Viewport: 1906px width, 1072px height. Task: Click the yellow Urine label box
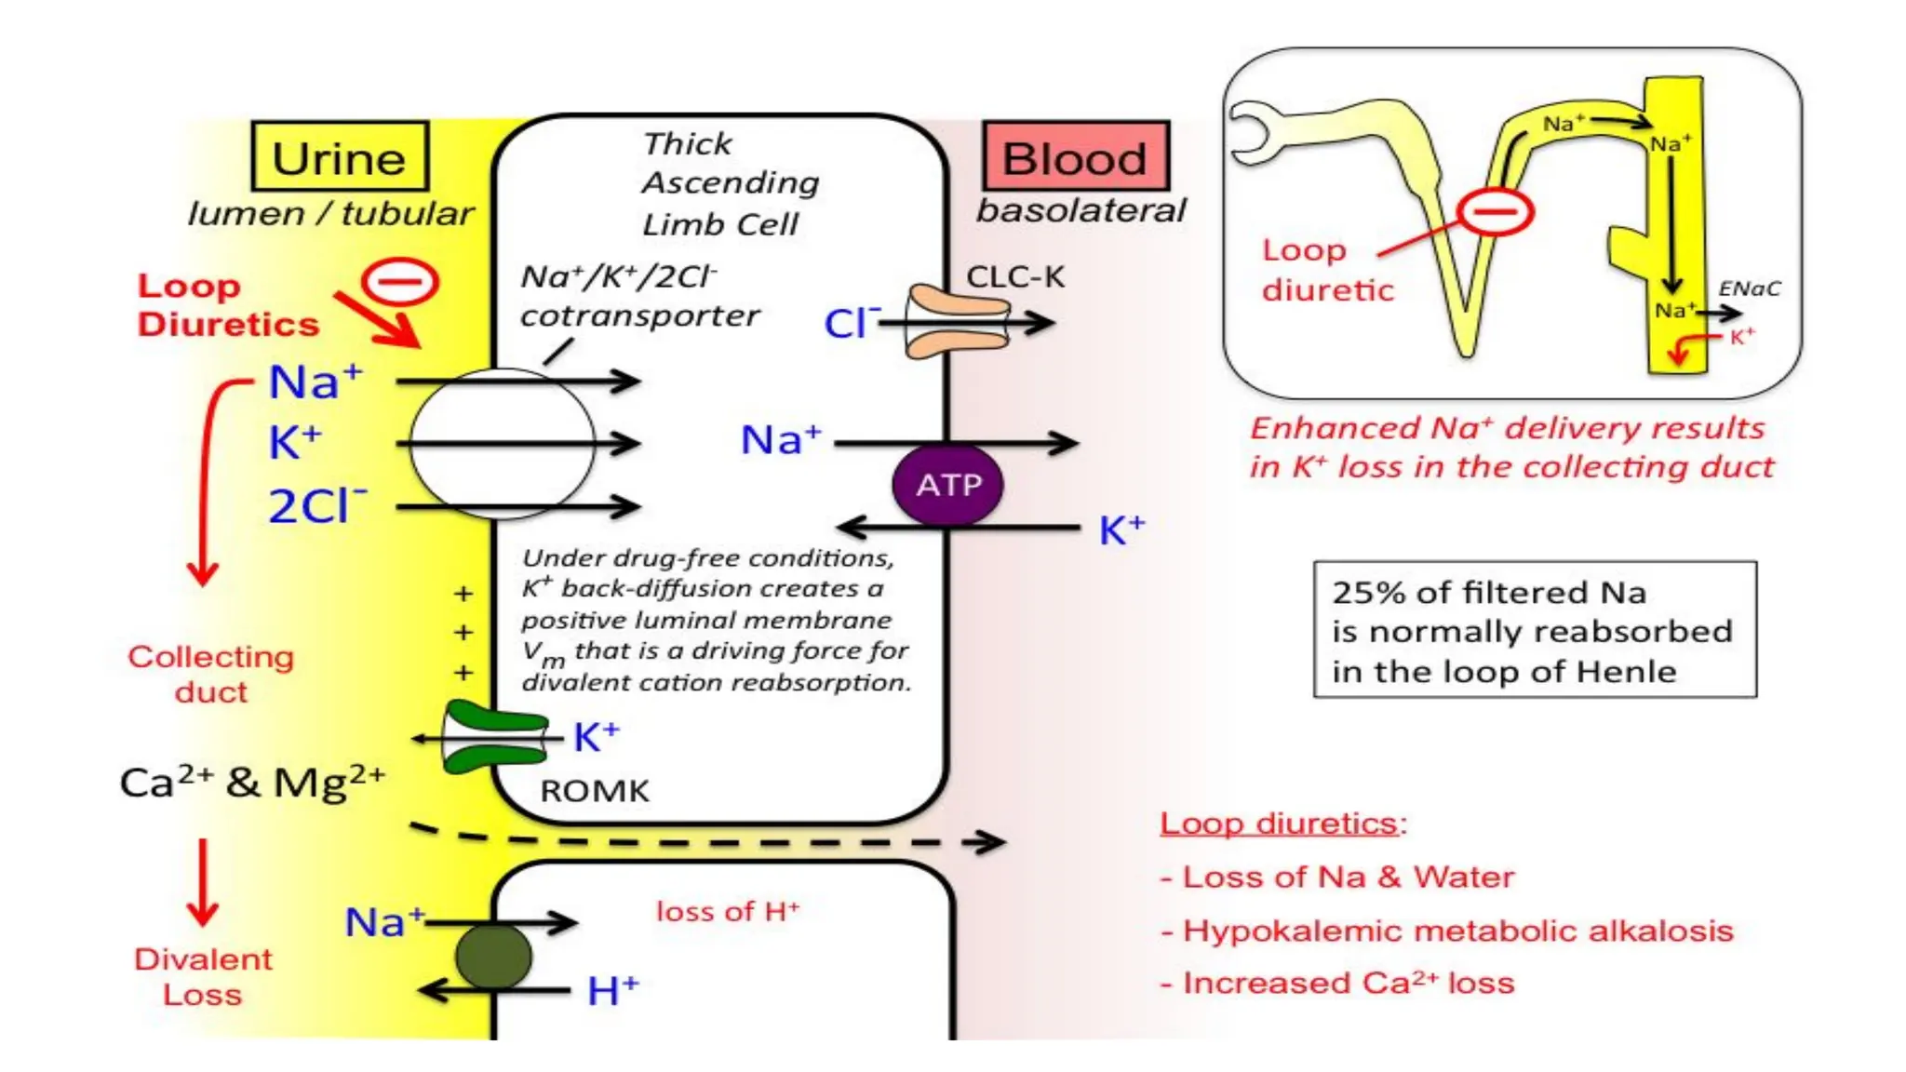[340, 157]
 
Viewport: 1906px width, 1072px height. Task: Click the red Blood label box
[1075, 157]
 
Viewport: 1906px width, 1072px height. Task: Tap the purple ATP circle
[947, 485]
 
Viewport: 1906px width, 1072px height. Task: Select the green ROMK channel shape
[494, 738]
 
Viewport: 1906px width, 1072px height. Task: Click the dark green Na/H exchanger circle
[493, 956]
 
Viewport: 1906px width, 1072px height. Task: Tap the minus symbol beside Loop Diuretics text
[400, 282]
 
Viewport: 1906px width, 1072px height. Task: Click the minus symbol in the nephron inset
[1496, 213]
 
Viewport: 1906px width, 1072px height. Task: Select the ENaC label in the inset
[1749, 288]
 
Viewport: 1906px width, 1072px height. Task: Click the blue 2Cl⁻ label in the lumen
[316, 506]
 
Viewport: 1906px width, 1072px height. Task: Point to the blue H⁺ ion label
[612, 990]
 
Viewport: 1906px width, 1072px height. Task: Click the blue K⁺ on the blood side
[1121, 529]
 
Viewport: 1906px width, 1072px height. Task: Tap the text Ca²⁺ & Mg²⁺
[251, 782]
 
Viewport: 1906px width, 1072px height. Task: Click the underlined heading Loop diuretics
[1279, 824]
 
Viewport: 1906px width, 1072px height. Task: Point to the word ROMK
[595, 791]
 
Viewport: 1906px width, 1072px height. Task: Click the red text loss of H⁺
[727, 911]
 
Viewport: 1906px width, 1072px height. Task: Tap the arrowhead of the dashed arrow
[994, 842]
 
